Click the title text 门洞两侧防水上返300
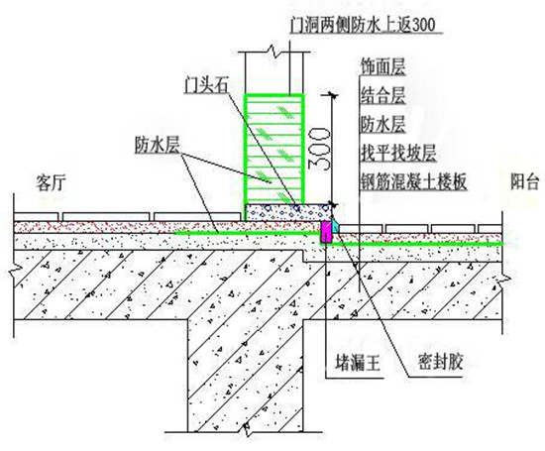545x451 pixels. (364, 25)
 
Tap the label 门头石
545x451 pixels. (205, 84)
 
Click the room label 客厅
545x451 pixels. (51, 182)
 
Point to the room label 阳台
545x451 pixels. (524, 181)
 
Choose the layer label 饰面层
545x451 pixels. (382, 66)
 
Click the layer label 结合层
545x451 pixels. (382, 95)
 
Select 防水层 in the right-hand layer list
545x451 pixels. (382, 124)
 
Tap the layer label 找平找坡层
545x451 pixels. (398, 153)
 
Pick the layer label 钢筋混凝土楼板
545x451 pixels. (413, 181)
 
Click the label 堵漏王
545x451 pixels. (358, 363)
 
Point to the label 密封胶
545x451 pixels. (440, 362)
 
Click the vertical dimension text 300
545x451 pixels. (318, 149)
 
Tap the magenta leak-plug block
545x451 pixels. (326, 232)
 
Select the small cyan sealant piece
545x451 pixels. (335, 227)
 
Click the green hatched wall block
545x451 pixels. (273, 149)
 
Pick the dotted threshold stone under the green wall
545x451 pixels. (287, 212)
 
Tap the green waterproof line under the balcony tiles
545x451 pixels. (412, 244)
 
